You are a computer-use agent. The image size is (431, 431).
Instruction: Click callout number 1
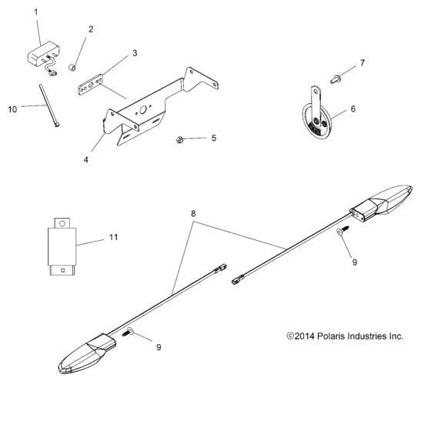35,13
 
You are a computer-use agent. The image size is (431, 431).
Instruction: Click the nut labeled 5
179,139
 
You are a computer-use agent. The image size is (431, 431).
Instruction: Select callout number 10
12,110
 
